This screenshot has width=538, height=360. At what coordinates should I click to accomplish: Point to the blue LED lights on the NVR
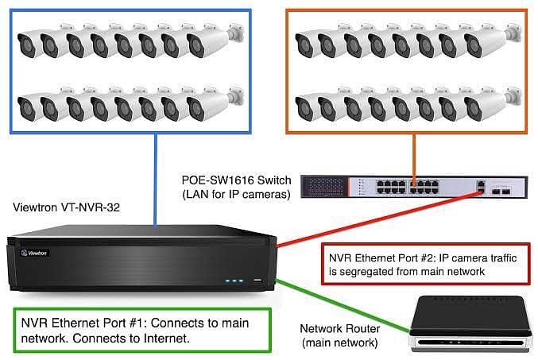(233, 281)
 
